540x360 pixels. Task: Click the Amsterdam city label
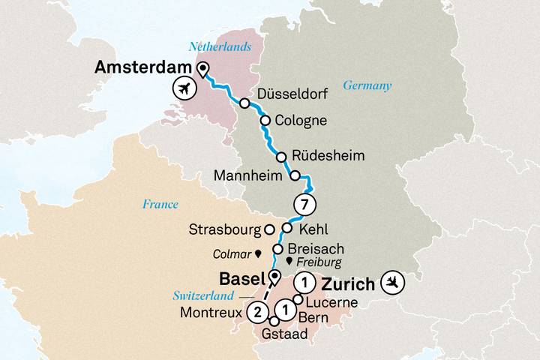(142, 68)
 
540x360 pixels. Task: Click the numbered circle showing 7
(303, 204)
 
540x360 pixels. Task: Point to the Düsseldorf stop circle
(244, 103)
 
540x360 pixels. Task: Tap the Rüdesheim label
(330, 157)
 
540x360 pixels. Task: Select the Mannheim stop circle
(295, 176)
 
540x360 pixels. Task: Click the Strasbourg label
(223, 229)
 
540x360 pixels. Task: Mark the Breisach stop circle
(277, 248)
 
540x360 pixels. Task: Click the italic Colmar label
(232, 253)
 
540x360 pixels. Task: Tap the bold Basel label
(240, 278)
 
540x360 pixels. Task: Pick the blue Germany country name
(367, 85)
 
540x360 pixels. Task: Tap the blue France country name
(160, 204)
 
